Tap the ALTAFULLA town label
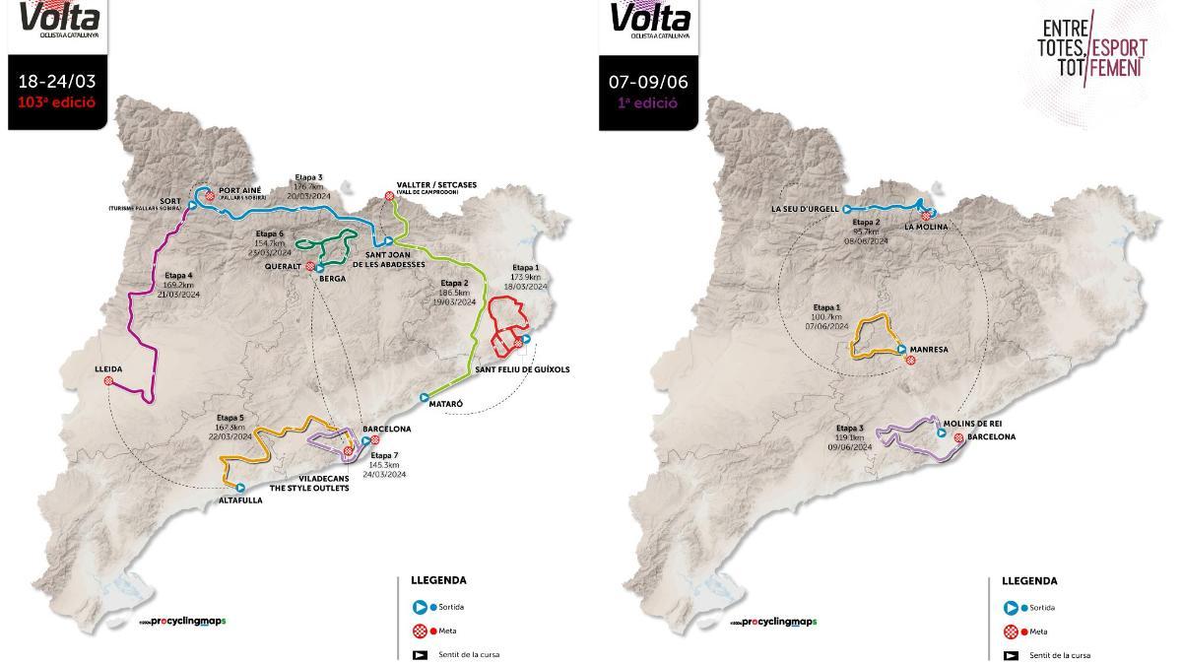click(x=240, y=500)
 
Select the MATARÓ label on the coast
click(x=446, y=405)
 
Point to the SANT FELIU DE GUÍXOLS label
click(x=522, y=369)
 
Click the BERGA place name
click(x=332, y=279)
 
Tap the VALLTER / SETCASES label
click(x=427, y=186)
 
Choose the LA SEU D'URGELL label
click(x=805, y=209)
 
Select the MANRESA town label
click(x=929, y=349)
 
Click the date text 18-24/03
click(x=56, y=82)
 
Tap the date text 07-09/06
click(x=647, y=82)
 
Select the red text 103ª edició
click(x=56, y=101)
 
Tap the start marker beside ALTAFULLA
click(x=240, y=487)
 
